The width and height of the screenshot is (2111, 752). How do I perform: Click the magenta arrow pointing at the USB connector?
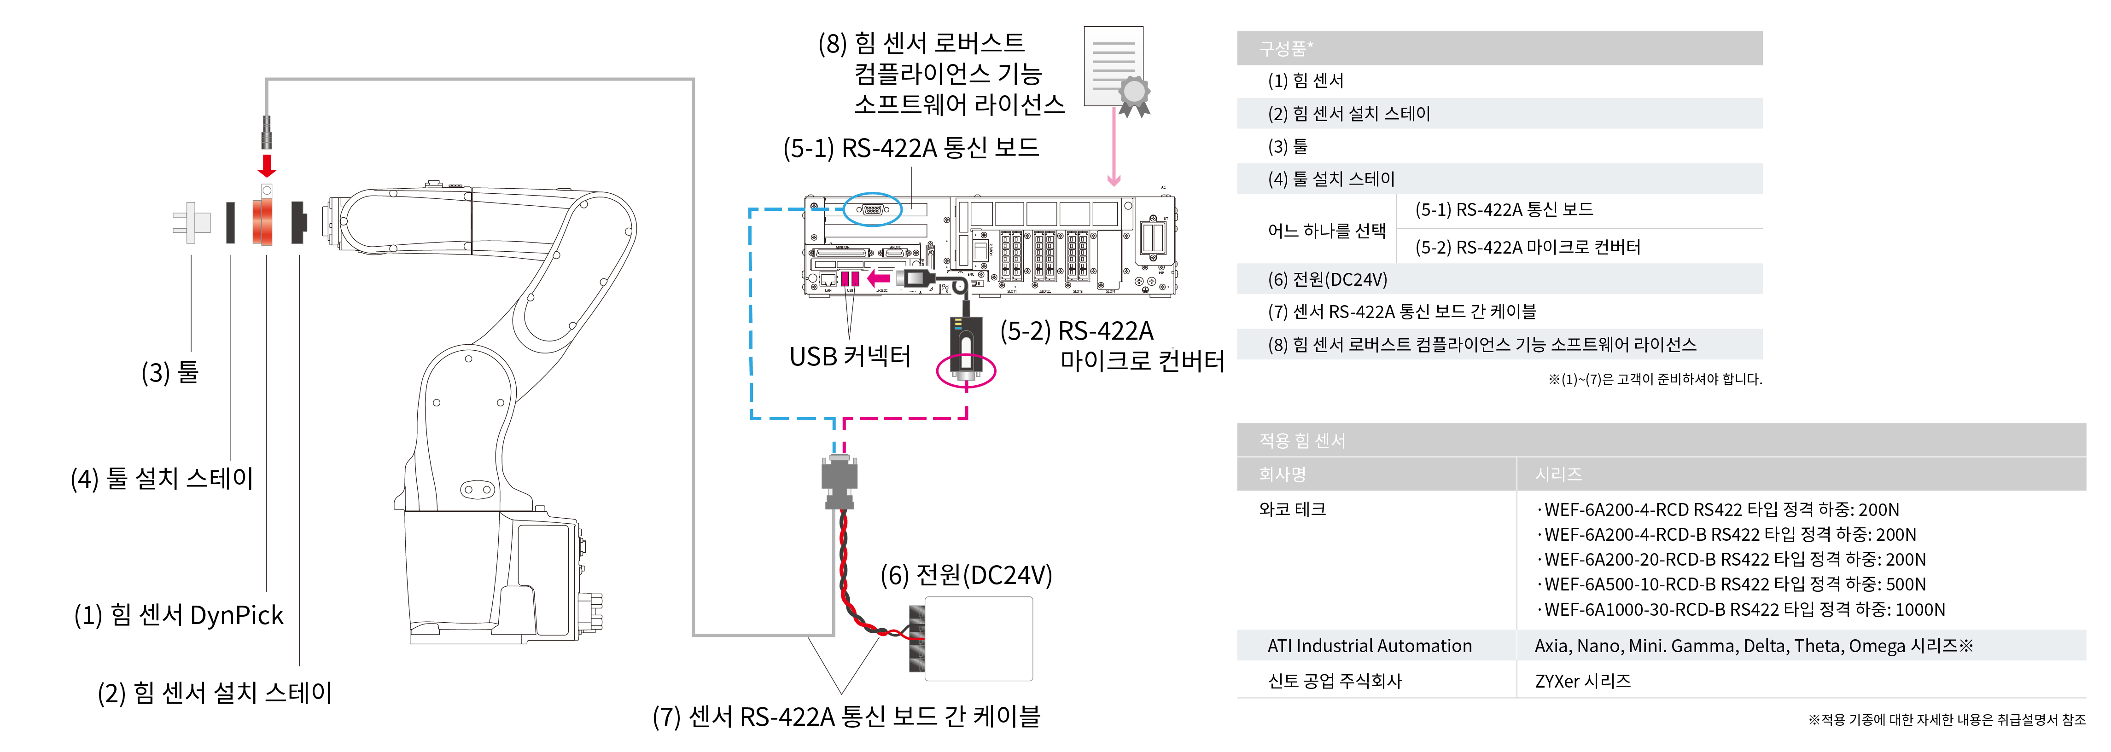[x=879, y=278]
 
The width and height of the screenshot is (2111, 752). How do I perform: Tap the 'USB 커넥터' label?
[x=850, y=356]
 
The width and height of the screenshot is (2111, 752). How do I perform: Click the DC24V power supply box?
[x=978, y=639]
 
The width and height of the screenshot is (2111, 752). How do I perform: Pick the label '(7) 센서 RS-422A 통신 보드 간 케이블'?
[x=846, y=717]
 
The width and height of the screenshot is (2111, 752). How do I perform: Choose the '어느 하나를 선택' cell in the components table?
[x=1326, y=230]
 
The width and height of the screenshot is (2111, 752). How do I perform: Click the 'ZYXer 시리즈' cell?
[x=1582, y=681]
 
